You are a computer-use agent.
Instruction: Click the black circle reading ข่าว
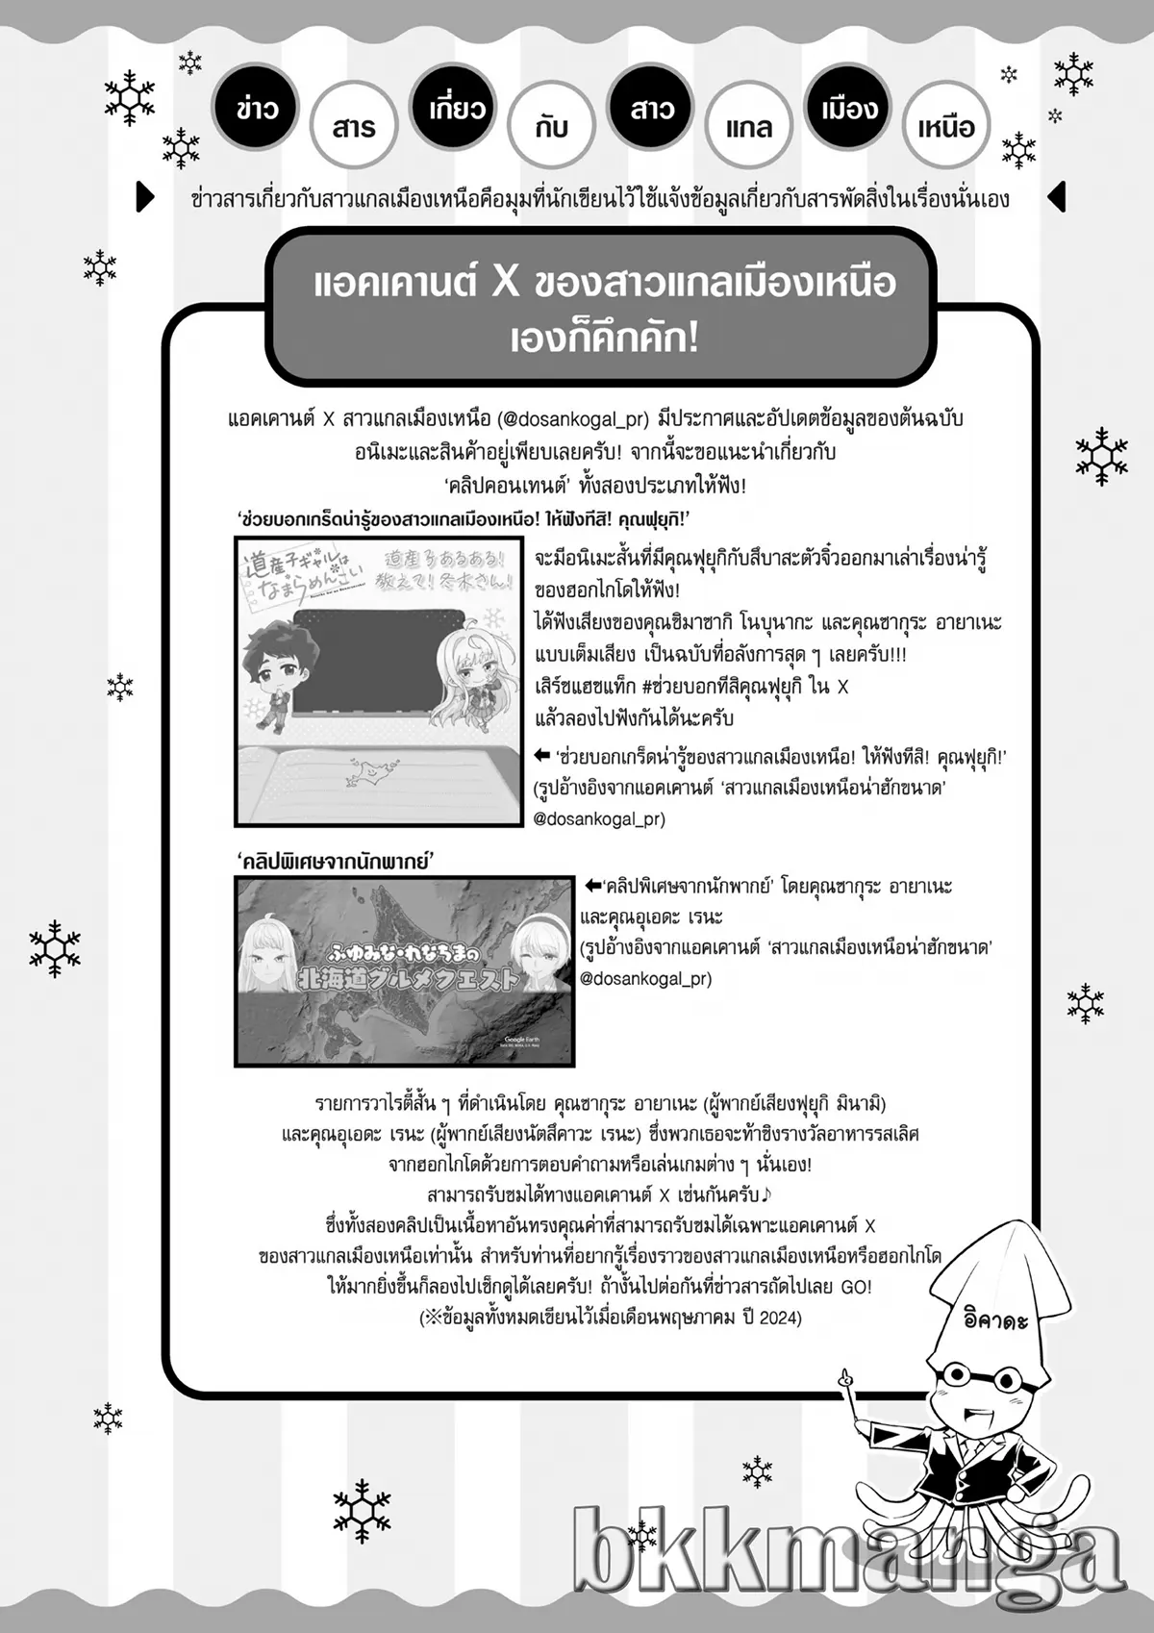(257, 108)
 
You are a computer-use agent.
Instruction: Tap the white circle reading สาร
(354, 126)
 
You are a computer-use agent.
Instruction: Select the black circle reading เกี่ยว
(456, 108)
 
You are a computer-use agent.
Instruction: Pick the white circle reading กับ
(552, 126)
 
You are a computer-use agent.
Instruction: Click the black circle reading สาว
(652, 108)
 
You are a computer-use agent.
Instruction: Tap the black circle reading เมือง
(849, 108)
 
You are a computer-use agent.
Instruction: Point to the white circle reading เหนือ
(946, 126)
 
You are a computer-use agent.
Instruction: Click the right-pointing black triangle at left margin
(145, 196)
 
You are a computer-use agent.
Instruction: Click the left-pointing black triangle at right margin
(1056, 196)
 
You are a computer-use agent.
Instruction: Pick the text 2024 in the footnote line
(779, 1318)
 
